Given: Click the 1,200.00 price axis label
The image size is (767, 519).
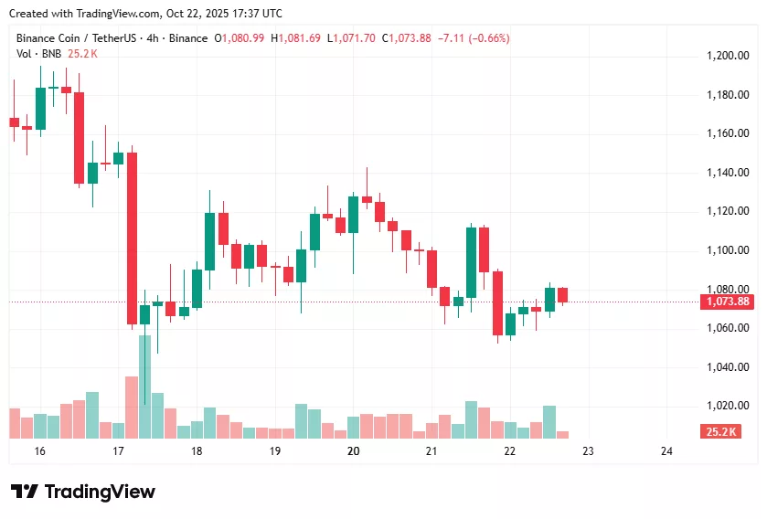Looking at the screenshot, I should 728,56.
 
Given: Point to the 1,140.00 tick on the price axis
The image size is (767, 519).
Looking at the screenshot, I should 728,173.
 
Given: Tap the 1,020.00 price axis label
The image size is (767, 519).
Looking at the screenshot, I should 728,406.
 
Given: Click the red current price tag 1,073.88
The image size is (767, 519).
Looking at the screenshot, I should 728,302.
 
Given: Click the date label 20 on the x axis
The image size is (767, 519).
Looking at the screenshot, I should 354,451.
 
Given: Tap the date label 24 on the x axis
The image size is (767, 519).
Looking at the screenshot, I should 666,451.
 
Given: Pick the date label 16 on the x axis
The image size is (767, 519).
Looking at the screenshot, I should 39,451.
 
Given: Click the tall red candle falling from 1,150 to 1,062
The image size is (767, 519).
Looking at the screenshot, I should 132,238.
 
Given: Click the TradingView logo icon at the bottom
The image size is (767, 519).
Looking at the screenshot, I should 25,492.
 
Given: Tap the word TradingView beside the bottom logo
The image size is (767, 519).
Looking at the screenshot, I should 100,492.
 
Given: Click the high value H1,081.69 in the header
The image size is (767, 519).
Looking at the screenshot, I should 295,38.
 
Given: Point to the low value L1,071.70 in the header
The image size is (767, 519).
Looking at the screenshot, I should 352,38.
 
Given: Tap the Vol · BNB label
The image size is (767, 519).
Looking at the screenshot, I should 37,53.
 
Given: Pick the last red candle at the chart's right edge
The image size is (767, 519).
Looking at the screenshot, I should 562,294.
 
